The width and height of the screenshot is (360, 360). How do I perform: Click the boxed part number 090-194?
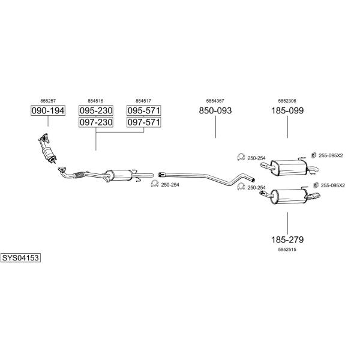(x=48, y=110)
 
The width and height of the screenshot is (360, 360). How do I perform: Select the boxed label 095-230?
(x=96, y=110)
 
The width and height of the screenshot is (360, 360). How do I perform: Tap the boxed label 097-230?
(x=96, y=122)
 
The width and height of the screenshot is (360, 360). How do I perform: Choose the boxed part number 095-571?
(x=144, y=110)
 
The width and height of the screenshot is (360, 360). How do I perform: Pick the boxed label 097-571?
(x=144, y=122)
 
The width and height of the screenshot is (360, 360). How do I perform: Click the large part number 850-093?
(x=215, y=110)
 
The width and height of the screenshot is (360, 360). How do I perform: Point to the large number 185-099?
(x=287, y=110)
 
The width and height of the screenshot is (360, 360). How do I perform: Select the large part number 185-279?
(x=287, y=239)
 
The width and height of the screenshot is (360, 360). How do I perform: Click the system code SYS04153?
(x=20, y=258)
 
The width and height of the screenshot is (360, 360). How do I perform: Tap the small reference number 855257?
(x=48, y=101)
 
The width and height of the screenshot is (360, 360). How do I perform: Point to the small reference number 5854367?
(x=215, y=101)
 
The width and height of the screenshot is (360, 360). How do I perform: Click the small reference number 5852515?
(x=287, y=250)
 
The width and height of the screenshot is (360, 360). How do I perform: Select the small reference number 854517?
(x=143, y=101)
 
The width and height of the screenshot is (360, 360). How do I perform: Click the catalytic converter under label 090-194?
(x=48, y=152)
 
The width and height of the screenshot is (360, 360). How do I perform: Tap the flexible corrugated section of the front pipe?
(x=79, y=175)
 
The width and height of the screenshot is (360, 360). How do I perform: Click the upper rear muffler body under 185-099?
(x=289, y=167)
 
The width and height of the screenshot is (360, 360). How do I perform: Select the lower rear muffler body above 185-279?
(x=289, y=196)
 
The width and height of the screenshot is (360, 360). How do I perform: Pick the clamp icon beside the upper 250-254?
(x=241, y=157)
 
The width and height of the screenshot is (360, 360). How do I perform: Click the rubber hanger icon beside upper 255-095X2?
(x=314, y=155)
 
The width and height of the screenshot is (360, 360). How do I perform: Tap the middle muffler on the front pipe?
(x=119, y=175)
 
